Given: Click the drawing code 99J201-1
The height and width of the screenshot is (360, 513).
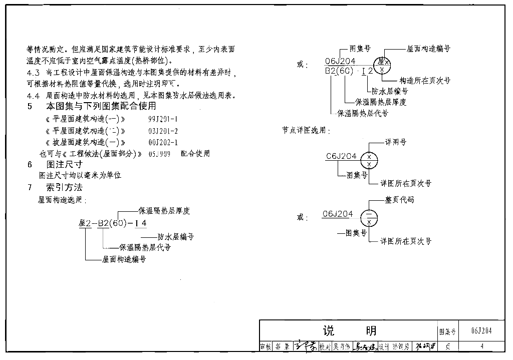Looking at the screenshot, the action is pyautogui.click(x=163, y=119).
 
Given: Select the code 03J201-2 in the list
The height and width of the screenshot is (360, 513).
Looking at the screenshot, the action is pyautogui.click(x=163, y=131).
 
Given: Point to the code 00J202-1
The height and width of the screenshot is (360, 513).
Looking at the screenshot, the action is pyautogui.click(x=163, y=142).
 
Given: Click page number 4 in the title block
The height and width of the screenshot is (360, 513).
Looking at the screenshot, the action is pyautogui.click(x=481, y=346).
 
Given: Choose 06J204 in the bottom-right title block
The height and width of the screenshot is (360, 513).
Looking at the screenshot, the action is pyautogui.click(x=481, y=331).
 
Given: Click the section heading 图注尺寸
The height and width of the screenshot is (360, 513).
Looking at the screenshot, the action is pyautogui.click(x=64, y=164).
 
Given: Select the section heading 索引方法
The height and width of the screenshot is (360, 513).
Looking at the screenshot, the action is pyautogui.click(x=64, y=188).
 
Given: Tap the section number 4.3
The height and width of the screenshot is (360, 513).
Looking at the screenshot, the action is pyautogui.click(x=33, y=73).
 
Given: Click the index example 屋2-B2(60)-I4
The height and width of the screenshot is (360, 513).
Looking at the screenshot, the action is pyautogui.click(x=113, y=223).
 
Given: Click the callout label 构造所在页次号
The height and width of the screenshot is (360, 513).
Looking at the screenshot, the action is pyautogui.click(x=425, y=81).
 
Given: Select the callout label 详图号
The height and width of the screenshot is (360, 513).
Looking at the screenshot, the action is pyautogui.click(x=395, y=142).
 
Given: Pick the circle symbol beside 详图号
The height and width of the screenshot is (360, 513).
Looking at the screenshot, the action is pyautogui.click(x=369, y=160).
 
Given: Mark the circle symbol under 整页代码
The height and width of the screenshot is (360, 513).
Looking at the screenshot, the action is pyautogui.click(x=369, y=217).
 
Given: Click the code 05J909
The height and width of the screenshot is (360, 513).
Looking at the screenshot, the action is pyautogui.click(x=159, y=154).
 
